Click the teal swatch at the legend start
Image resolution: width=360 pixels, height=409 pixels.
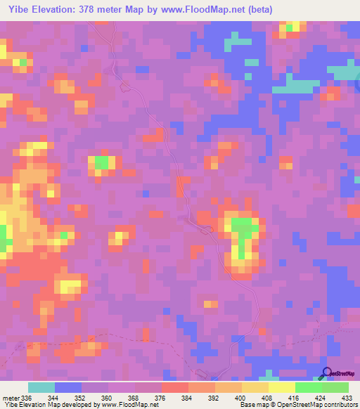pyautogui.click(x=41, y=388)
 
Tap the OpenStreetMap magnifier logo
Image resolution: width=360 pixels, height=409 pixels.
pyautogui.click(x=327, y=373)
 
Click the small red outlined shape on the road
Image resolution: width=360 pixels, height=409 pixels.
pyautogui.click(x=206, y=230)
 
